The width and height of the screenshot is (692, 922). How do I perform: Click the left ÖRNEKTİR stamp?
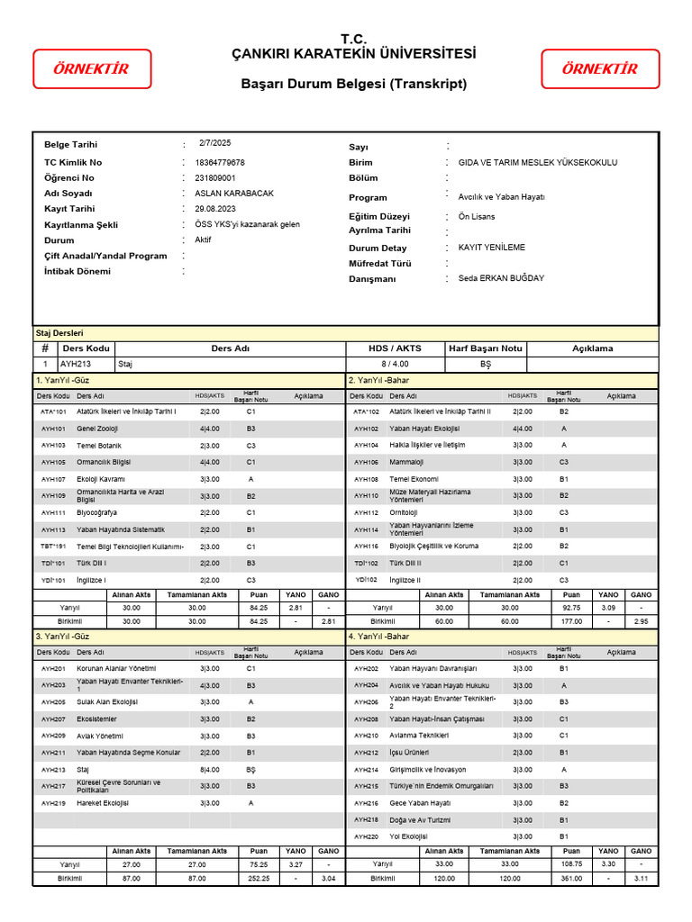pos(91,69)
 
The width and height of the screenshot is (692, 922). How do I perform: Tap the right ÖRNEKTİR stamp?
pos(599,69)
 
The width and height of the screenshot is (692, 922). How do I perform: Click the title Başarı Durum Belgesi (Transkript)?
pos(354,85)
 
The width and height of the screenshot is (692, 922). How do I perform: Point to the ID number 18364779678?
pos(220,163)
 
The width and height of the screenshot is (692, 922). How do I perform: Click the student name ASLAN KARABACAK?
pos(234,194)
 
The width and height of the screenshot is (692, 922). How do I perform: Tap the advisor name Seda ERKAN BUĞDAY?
pos(501,278)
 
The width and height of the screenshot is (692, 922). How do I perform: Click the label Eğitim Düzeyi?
pos(379,217)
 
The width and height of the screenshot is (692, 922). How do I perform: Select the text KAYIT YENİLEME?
pos(491,248)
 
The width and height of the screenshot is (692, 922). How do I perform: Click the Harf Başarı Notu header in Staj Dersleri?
pos(485,348)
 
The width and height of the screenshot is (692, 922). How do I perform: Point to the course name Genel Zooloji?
pos(97,429)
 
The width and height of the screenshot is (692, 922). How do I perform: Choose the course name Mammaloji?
pos(406,462)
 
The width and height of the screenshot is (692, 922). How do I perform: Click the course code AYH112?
pos(366,512)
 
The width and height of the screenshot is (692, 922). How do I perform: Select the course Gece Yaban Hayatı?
pos(420,803)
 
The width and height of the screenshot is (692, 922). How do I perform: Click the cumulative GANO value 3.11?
pos(641,878)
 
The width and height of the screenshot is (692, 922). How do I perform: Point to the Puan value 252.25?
pos(259,878)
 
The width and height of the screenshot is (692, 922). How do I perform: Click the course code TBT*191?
pos(53,547)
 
